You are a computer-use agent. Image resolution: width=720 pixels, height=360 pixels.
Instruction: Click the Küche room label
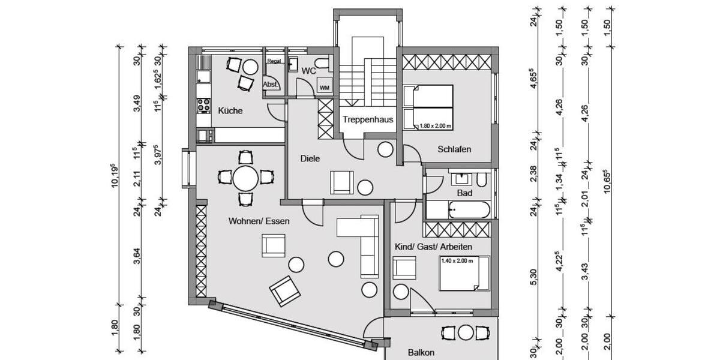pos(230,110)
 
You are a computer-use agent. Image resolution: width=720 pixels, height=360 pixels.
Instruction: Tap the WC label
pos(308,71)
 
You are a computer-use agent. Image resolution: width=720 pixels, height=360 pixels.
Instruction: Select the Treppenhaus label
pos(368,119)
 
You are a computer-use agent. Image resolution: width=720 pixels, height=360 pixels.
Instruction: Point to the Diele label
pos(310,159)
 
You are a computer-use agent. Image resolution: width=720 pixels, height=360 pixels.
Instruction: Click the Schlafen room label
pos(454,149)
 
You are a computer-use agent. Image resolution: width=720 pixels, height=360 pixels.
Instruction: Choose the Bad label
pos(464,193)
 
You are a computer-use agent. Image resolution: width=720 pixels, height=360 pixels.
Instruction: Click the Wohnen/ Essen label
pos(259,221)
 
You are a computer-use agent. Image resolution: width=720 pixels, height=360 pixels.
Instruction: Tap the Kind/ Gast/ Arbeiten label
pos(433,247)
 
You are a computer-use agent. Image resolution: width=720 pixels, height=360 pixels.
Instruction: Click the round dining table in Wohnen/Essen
pos(245,178)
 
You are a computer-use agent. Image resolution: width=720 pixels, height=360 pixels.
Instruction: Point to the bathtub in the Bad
pos(458,210)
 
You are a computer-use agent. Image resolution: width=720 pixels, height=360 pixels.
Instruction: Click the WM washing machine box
pos(325,88)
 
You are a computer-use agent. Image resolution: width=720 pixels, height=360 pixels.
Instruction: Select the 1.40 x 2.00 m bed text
pos(457,261)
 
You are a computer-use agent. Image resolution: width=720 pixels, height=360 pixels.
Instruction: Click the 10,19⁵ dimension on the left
pos(113,177)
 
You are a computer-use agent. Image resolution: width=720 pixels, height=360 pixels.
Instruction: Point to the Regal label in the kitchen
pos(274,61)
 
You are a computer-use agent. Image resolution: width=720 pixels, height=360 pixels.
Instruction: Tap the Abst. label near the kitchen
pos(271,85)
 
